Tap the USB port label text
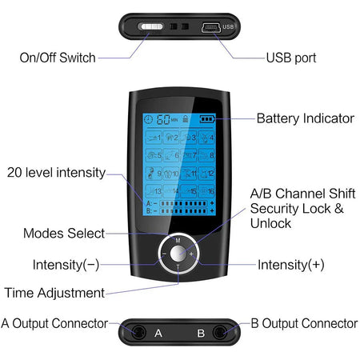point(291,58)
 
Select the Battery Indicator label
point(305,118)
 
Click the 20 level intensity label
point(55,172)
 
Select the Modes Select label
point(64,233)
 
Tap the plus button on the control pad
point(192,254)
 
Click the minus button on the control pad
point(163,254)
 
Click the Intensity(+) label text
point(290,264)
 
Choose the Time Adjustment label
point(54,292)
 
